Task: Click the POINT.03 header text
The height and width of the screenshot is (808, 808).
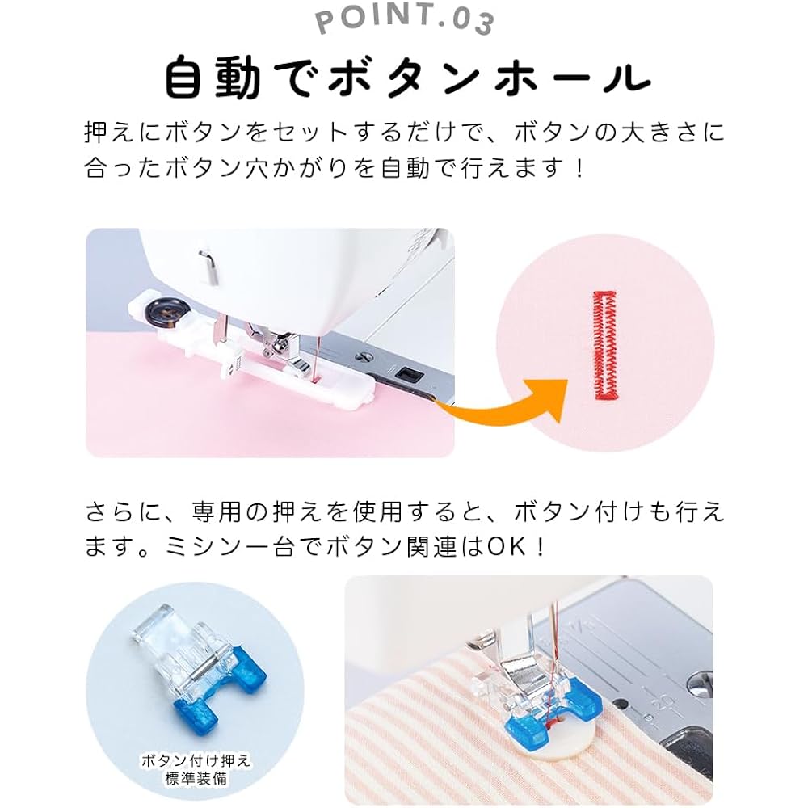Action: click(404, 21)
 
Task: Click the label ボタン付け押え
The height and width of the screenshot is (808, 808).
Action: click(195, 760)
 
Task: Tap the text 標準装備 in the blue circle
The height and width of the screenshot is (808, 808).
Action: click(195, 780)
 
